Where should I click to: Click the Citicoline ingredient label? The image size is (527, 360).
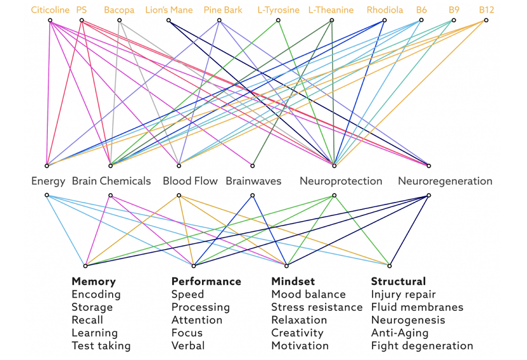click(x=50, y=10)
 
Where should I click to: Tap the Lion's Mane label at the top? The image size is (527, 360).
click(x=169, y=10)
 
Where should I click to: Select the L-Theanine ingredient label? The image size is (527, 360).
click(x=331, y=10)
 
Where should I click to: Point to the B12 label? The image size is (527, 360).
click(x=486, y=10)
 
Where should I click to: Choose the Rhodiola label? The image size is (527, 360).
click(x=385, y=10)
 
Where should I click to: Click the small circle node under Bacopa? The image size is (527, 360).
click(x=119, y=20)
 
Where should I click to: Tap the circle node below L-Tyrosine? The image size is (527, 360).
click(x=278, y=20)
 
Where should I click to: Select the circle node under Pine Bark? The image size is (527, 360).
click(x=219, y=20)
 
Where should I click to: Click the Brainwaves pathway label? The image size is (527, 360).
click(x=254, y=181)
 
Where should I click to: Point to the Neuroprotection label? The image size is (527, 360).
click(x=341, y=181)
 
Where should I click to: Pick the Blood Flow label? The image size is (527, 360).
click(x=191, y=181)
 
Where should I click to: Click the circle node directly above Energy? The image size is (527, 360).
click(x=47, y=166)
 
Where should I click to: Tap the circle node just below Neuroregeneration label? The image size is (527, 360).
click(x=428, y=196)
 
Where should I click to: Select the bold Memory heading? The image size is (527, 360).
click(x=94, y=281)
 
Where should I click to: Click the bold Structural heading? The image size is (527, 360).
click(x=398, y=281)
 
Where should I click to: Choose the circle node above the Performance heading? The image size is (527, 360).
click(x=194, y=266)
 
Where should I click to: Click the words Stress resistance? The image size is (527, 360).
click(x=317, y=307)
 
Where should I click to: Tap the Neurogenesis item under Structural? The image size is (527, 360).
click(x=408, y=320)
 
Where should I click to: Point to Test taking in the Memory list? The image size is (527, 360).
click(x=101, y=345)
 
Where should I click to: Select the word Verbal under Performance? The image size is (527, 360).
click(x=188, y=345)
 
